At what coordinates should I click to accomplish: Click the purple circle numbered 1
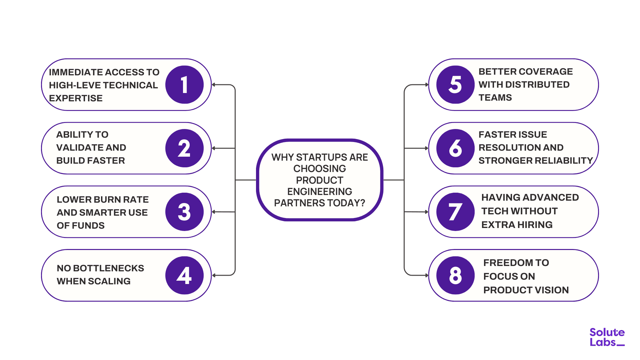tap(184, 85)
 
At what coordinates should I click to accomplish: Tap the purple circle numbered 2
tap(184, 148)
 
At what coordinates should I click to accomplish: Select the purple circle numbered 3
tap(184, 212)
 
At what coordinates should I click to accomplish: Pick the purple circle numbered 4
tap(184, 275)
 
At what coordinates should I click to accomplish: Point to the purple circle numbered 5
tap(455, 85)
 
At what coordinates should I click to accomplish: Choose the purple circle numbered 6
tap(455, 148)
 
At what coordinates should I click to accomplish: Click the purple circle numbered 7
tap(455, 212)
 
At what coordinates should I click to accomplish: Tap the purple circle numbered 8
tap(455, 275)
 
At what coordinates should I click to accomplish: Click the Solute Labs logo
tap(607, 337)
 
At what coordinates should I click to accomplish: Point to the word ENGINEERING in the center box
tap(320, 192)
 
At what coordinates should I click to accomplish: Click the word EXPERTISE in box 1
tap(76, 98)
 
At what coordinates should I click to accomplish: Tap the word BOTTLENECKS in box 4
tap(108, 268)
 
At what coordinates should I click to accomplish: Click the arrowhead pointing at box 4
tap(214, 275)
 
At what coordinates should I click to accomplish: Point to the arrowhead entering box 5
tap(427, 85)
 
